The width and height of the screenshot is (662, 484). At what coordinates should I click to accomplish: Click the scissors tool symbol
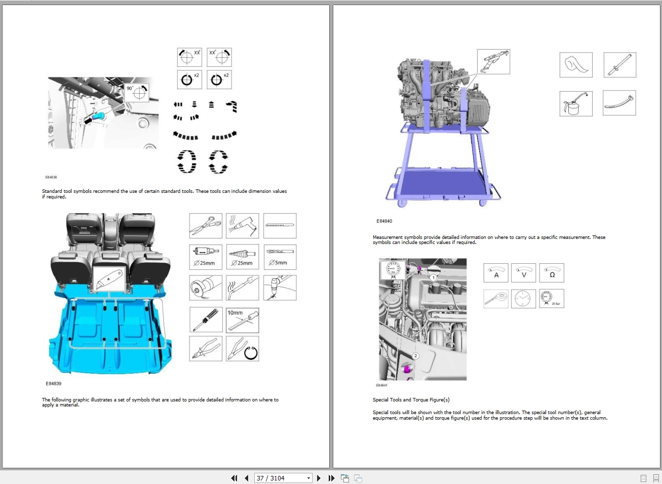tap(206, 226)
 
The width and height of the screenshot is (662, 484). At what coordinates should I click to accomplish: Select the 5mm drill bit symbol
tap(280, 257)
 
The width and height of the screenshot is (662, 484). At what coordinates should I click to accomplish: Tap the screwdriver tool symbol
tap(206, 320)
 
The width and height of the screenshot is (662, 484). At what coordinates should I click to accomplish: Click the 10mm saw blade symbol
tap(242, 320)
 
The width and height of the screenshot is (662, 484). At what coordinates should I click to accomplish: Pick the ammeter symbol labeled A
tap(496, 273)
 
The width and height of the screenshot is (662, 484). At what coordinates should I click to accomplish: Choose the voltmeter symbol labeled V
tap(523, 273)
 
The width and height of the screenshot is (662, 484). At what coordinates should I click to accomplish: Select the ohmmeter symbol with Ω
tap(551, 273)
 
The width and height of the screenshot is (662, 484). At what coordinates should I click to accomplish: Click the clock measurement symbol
tap(523, 299)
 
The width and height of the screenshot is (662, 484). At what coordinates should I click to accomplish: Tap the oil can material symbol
tap(575, 103)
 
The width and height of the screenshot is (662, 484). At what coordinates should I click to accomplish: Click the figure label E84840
tap(384, 221)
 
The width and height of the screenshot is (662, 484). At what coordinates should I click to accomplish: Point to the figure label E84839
tap(53, 384)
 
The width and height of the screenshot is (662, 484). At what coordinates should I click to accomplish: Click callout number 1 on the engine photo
tap(434, 277)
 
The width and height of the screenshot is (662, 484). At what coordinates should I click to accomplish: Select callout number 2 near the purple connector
tap(415, 356)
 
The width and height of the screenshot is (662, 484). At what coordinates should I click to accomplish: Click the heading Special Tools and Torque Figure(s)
tap(411, 400)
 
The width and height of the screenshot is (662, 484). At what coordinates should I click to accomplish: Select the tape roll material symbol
tap(575, 65)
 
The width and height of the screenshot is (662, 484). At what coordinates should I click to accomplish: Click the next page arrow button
tap(319, 478)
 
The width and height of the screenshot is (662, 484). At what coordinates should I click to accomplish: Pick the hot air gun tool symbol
tap(242, 226)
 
